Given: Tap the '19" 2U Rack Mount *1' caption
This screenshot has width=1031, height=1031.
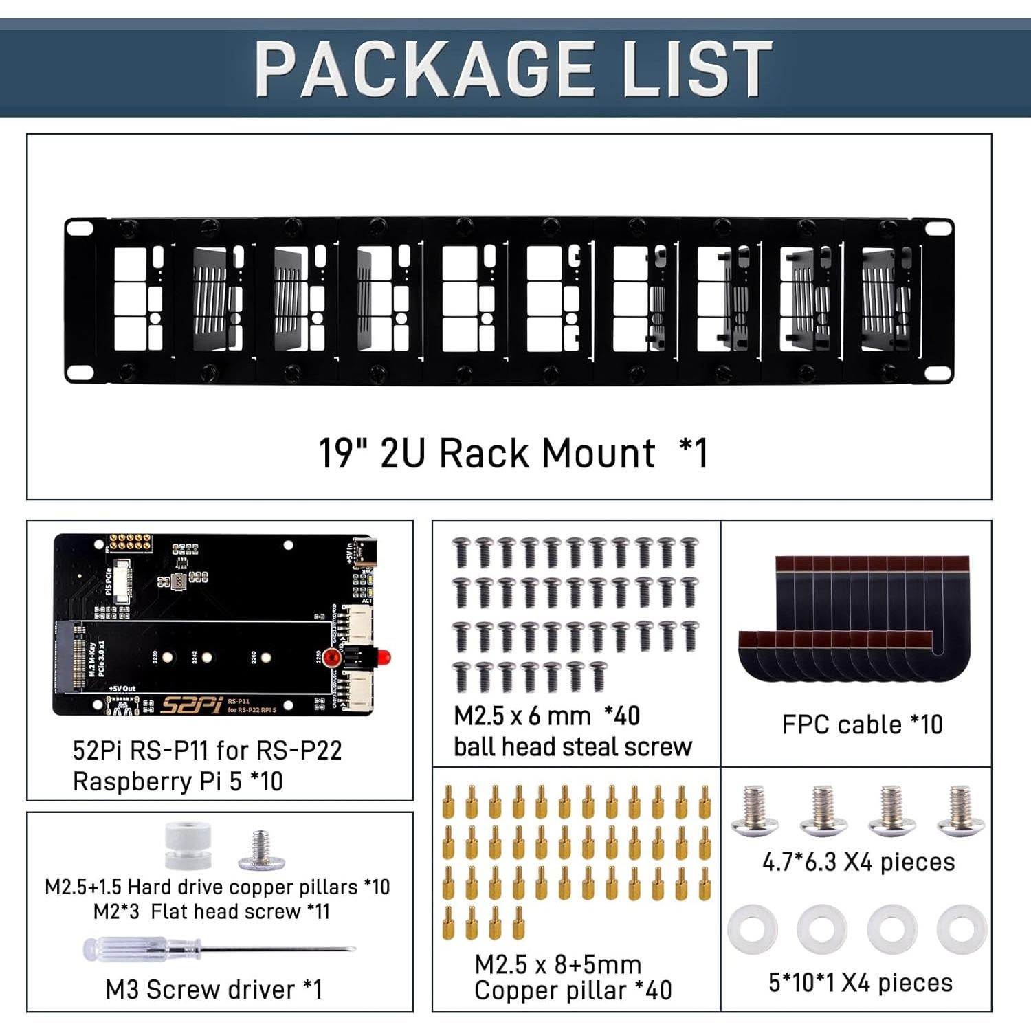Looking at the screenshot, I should point(513,454).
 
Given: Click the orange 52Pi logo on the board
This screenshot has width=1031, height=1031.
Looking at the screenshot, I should point(192,705).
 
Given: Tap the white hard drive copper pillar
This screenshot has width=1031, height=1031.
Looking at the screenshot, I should point(188,846).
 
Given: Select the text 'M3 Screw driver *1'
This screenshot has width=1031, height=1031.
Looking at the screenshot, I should point(213,990).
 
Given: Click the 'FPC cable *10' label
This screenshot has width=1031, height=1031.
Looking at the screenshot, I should point(862,724).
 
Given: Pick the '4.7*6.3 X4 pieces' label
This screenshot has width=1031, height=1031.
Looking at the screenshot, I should point(858,862).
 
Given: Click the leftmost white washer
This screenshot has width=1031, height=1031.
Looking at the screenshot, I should point(753,929).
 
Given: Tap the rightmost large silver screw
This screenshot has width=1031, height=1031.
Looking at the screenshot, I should point(960,811).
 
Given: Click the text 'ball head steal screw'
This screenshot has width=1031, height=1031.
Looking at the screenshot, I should point(573,747).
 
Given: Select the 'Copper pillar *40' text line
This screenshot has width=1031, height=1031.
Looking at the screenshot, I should point(573,990).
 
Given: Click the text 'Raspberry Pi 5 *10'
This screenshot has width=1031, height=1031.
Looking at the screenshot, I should point(177,781).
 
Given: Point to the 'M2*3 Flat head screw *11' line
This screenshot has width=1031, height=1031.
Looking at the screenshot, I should point(212,911).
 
